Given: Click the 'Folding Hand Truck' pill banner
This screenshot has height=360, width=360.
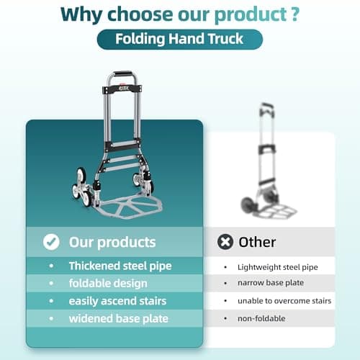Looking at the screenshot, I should (x=180, y=38).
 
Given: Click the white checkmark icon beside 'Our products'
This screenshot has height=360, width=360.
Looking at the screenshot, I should (x=51, y=242).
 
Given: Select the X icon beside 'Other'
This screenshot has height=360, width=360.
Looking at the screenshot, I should (x=225, y=242).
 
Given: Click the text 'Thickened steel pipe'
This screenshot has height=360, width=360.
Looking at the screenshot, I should (x=120, y=266).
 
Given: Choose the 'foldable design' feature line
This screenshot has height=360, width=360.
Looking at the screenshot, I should (x=107, y=283).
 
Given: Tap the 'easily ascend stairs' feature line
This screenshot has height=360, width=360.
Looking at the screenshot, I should (x=118, y=300).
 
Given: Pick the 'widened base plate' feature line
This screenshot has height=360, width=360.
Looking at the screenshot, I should (x=118, y=318).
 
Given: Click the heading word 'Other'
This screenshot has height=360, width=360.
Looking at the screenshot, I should (x=258, y=242).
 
